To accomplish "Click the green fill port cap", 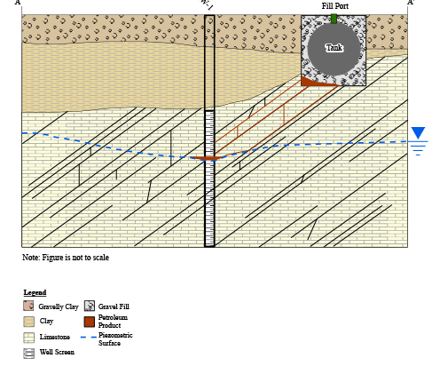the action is tap(334, 19).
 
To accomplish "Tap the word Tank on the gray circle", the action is tap(334, 48).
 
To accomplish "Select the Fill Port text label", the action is tap(335, 6).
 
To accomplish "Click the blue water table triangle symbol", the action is tap(418, 133).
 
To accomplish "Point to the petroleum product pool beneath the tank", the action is tap(313, 82).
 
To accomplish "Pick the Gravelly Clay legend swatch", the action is tap(28, 306).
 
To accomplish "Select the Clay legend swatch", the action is tap(28, 322).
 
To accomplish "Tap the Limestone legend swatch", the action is tap(28, 338).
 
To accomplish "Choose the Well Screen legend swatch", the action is tap(28, 354).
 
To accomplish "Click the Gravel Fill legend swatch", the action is tap(90, 306).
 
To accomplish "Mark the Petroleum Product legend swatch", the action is tap(90, 322).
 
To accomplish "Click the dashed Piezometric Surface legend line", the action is tap(89, 338).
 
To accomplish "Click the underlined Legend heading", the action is tap(35, 292).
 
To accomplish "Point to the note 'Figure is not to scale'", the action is tap(66, 258).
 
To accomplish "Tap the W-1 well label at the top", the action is tap(207, 4).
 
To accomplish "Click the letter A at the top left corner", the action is tap(18, 3).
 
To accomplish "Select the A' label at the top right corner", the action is tap(411, 3).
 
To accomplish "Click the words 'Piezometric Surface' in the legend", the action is tap(115, 339).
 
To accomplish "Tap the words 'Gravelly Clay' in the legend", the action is tap(59, 306).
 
